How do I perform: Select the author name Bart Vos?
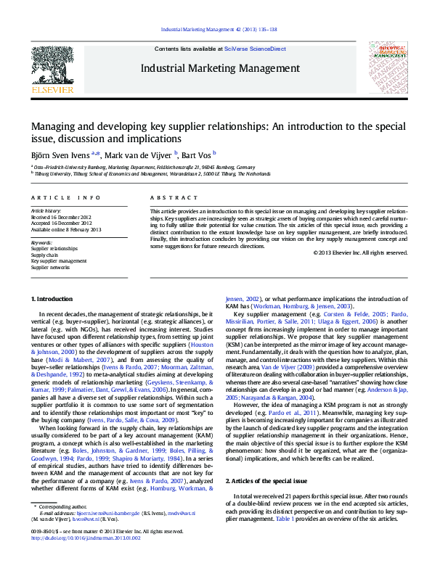click(x=198, y=154)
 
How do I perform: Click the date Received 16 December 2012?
click(x=62, y=217)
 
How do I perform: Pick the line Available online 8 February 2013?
click(x=67, y=229)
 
